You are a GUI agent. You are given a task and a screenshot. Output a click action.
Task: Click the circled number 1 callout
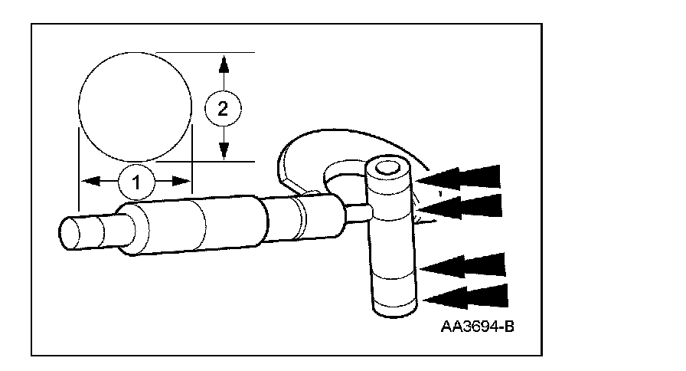pos(136,182)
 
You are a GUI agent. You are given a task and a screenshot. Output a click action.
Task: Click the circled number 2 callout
pos(223,108)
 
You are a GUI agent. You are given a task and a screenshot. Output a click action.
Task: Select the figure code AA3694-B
pos(476,326)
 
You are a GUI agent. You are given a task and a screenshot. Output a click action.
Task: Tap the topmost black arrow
pos(459,177)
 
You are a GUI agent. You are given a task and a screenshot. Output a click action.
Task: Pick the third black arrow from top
pos(463,264)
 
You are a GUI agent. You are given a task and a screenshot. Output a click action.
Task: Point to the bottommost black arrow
pos(465,297)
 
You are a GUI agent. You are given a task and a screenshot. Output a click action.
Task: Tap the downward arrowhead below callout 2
pos(223,151)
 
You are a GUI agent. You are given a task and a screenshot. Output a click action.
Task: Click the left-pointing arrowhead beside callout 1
pos(90,182)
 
